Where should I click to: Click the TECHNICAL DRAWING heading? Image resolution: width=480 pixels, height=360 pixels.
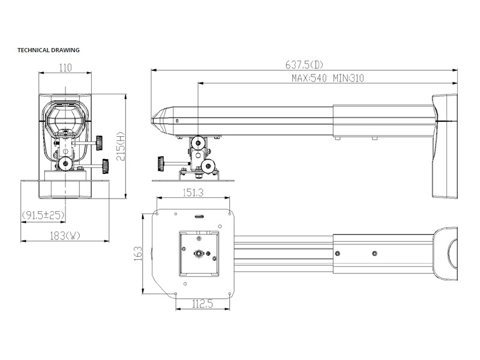pos(49,50)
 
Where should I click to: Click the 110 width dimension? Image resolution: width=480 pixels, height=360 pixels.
pos(65,68)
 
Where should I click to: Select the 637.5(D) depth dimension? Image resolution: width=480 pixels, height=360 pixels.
pos(305,64)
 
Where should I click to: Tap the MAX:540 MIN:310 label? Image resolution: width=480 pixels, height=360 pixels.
pos(328,78)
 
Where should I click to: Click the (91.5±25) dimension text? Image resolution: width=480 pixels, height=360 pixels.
pos(43,215)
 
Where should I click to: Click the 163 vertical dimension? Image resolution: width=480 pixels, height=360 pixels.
pos(137,253)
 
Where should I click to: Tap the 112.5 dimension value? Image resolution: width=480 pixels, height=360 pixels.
pos(203,304)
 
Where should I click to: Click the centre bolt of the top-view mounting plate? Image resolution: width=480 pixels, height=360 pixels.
pos(199,254)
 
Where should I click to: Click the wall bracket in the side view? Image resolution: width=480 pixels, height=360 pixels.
pos(444,146)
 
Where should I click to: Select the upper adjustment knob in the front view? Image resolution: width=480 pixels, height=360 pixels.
pos(98,143)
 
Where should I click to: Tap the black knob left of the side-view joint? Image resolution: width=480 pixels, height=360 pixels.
pos(161,163)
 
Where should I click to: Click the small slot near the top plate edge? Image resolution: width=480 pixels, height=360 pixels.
pos(199,217)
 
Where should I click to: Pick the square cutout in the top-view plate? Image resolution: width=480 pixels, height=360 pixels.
pos(199,253)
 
